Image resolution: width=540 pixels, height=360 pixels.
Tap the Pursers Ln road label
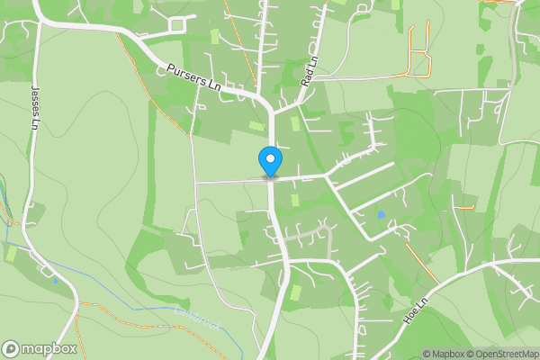(193, 77)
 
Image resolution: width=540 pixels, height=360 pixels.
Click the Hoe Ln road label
(415, 309)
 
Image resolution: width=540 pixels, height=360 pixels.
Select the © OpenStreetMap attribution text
(502, 354)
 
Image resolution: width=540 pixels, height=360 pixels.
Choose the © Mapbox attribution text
(443, 354)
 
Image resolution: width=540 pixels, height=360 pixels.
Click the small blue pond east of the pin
(381, 215)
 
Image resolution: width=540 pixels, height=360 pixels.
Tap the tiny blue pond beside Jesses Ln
(56, 280)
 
